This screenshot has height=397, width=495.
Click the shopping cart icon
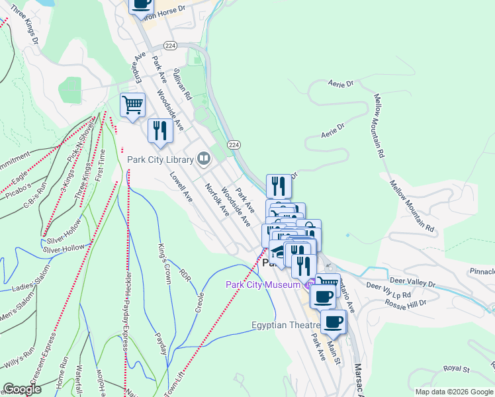[132, 105]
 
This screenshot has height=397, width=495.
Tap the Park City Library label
[160, 159]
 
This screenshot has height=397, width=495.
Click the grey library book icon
[204, 159]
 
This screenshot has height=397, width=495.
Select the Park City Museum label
[263, 285]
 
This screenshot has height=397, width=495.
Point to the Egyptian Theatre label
[286, 326]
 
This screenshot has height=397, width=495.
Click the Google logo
[22, 389]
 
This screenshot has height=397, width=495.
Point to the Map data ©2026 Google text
[454, 392]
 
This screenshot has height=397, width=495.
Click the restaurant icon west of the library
[159, 130]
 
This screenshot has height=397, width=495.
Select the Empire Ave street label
[138, 66]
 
